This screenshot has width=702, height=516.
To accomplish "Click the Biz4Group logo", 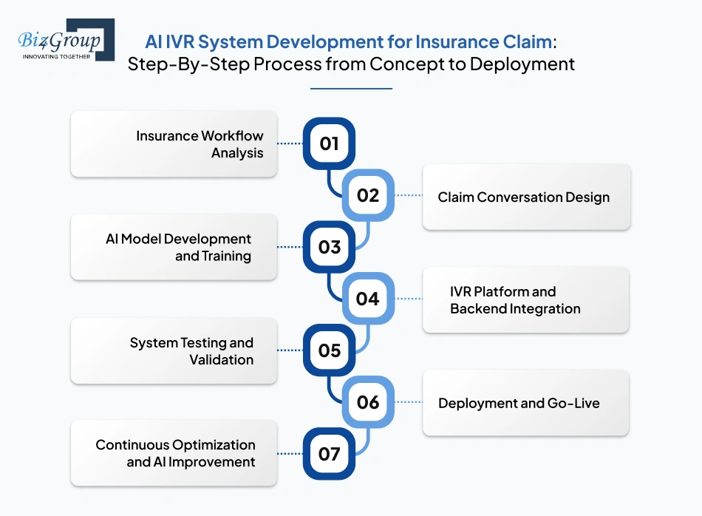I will (66, 40).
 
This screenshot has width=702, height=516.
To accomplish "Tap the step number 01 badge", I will (329, 143).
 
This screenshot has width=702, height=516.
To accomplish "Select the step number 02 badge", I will (367, 195).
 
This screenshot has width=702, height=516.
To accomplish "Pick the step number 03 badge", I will (329, 247).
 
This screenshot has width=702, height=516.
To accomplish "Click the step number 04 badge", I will (367, 299).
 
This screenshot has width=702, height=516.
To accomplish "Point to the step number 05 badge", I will (329, 350).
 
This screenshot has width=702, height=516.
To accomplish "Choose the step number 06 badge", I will (367, 402).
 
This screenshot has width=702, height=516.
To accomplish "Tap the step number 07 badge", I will (329, 454).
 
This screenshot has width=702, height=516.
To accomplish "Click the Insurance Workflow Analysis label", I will (200, 144).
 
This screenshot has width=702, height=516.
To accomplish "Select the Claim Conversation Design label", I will (523, 197).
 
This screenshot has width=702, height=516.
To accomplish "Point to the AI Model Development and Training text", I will (178, 248).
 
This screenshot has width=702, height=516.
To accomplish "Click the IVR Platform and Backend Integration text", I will (515, 300).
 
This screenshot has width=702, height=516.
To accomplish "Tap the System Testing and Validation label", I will (191, 351).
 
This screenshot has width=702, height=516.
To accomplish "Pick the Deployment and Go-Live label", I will (519, 404).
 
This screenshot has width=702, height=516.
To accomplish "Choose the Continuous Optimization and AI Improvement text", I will (175, 453).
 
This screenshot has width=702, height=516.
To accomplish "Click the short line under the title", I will (351, 89).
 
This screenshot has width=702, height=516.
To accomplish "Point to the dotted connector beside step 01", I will (290, 143).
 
